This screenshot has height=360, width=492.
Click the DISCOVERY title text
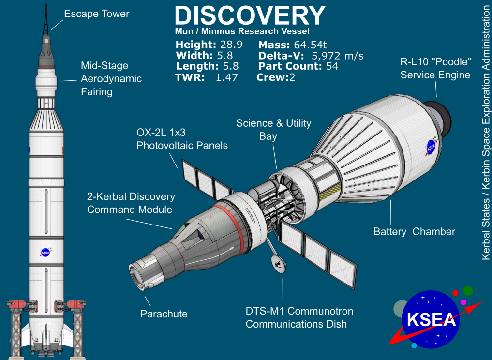click(x=249, y=15)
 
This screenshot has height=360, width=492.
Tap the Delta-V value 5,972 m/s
click(x=338, y=56)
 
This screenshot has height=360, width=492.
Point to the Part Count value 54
click(x=332, y=66)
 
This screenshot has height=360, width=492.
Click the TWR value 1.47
click(x=226, y=77)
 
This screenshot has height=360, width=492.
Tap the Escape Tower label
click(x=97, y=14)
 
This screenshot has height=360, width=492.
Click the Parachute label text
click(x=164, y=314)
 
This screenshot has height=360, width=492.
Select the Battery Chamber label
click(x=414, y=232)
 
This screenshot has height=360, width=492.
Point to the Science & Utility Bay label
click(x=273, y=130)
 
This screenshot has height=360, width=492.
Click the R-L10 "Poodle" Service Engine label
click(x=435, y=69)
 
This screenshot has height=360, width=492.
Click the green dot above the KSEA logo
click(x=467, y=290)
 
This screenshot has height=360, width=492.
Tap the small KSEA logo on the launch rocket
click(x=46, y=252)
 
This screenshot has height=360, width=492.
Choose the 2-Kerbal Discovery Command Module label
click(x=131, y=203)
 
